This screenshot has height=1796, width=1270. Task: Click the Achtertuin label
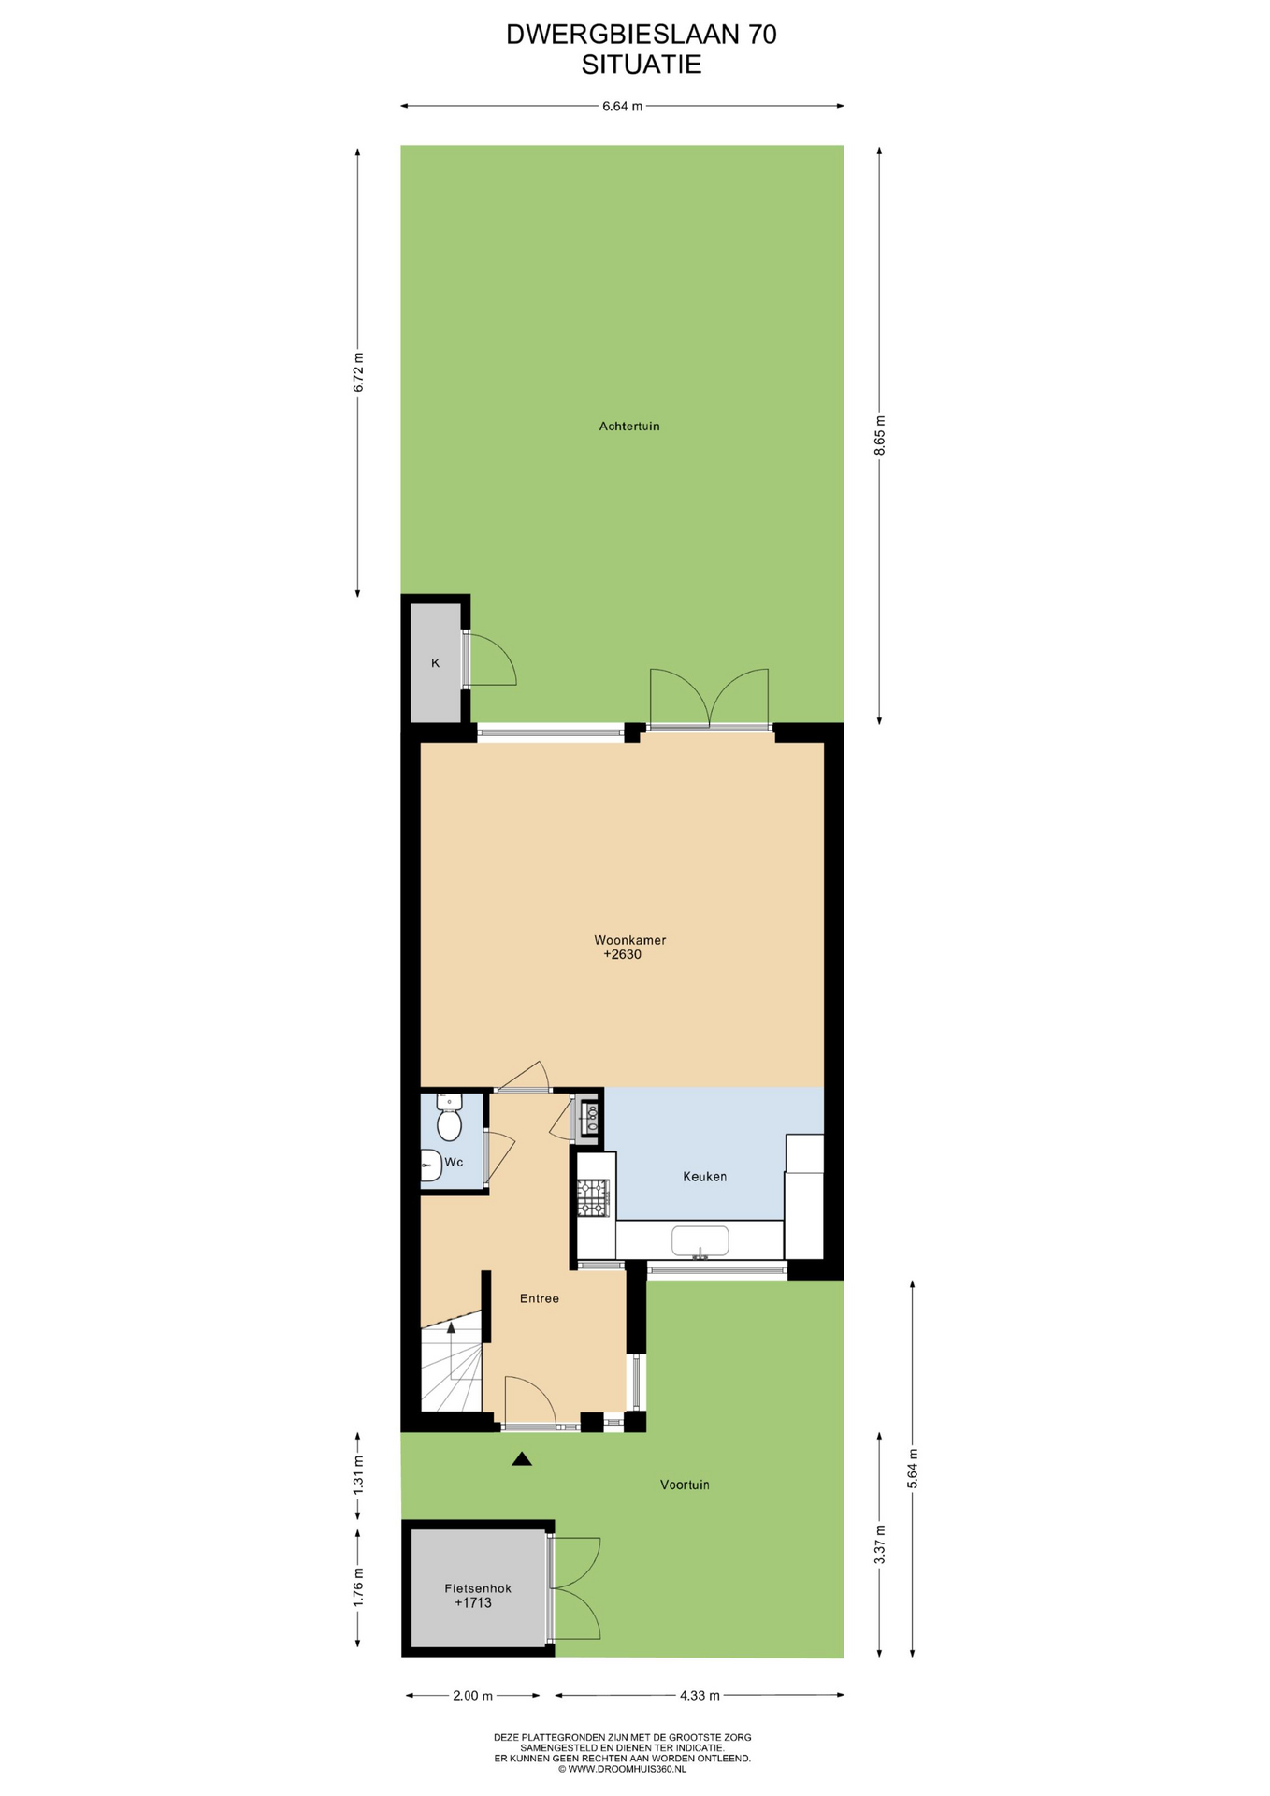(x=629, y=427)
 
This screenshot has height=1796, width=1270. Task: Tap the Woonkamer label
(x=629, y=940)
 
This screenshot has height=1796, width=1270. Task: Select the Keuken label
(x=704, y=1177)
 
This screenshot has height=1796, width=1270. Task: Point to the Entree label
(x=540, y=1298)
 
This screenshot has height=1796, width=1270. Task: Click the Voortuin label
(x=685, y=1485)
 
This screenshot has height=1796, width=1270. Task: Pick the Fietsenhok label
(x=478, y=1588)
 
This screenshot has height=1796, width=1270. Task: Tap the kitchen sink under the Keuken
(x=700, y=1241)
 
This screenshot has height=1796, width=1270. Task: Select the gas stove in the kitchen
(x=593, y=1198)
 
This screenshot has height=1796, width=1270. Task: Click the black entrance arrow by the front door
(x=522, y=1458)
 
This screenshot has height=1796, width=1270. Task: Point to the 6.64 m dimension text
(x=622, y=107)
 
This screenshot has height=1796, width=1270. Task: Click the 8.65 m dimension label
(x=879, y=435)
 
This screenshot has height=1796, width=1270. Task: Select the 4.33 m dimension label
(x=700, y=1695)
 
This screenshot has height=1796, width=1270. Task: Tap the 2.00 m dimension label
(x=472, y=1695)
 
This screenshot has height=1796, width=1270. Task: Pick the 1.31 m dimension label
(x=357, y=1475)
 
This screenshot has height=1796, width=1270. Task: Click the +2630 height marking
(x=622, y=955)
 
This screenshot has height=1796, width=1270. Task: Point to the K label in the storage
(x=435, y=663)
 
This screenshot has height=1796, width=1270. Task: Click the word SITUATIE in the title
(x=642, y=65)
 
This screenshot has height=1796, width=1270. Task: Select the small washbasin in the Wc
(x=430, y=1166)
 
